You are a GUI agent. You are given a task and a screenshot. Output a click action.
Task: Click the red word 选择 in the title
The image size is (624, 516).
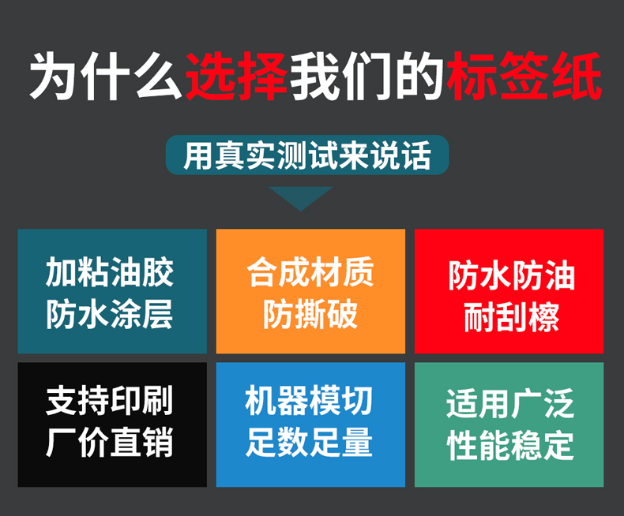[x=236, y=76]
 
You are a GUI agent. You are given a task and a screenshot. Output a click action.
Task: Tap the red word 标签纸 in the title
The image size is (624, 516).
[x=524, y=76]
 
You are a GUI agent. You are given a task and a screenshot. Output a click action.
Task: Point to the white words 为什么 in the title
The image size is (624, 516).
[x=105, y=76]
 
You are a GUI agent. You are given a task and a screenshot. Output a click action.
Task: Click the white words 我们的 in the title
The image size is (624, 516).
[x=367, y=76]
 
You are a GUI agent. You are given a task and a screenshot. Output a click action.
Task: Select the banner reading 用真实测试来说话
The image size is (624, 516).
[x=307, y=155]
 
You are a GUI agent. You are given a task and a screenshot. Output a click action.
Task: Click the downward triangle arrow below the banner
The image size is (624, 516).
[x=301, y=198]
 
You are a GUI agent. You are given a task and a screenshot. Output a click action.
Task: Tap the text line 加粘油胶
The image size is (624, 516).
[x=110, y=272]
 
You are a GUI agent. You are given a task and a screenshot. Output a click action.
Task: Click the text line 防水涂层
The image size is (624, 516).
[x=110, y=314]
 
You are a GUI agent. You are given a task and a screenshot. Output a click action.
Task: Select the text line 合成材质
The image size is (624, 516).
[x=310, y=272]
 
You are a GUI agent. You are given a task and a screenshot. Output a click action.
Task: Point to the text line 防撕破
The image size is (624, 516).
[x=310, y=314]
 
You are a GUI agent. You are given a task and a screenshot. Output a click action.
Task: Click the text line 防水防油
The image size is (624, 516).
[x=512, y=276]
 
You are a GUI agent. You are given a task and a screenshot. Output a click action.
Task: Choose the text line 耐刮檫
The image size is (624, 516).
[x=512, y=317]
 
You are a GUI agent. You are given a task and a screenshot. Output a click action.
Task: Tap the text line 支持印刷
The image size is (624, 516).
[x=110, y=401]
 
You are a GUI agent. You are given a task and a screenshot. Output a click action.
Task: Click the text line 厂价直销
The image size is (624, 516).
[x=110, y=442]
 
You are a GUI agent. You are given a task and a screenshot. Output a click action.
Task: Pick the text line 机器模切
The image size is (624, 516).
[x=309, y=401]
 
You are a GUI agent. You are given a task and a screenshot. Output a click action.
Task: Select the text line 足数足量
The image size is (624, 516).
[x=309, y=442]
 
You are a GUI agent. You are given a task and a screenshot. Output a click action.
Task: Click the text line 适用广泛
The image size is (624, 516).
[x=510, y=404]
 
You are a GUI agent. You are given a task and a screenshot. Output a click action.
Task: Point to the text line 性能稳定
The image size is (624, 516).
[x=510, y=445]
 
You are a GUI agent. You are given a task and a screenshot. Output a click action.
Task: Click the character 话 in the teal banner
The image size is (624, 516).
[x=417, y=155]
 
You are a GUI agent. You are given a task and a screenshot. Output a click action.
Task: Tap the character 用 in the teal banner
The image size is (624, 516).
[x=198, y=155]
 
